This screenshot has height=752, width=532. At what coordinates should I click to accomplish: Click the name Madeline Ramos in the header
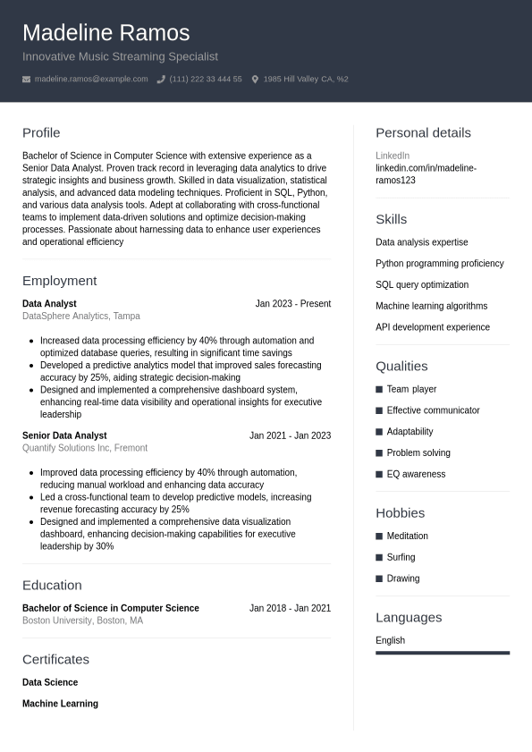coord(106,33)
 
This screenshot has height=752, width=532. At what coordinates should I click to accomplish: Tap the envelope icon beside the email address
coord(26,80)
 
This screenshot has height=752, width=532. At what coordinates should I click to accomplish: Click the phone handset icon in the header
coord(161,80)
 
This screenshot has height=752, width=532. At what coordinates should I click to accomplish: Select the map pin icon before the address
coord(255,80)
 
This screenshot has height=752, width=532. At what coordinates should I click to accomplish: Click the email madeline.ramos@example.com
coord(91,79)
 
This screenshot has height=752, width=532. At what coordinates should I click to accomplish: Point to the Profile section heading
coord(41,132)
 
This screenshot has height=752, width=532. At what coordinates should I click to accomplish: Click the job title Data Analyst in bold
coord(49,304)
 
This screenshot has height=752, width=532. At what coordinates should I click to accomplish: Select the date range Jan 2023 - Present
coord(292,304)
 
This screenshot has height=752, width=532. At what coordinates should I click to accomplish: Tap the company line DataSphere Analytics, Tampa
coord(81,316)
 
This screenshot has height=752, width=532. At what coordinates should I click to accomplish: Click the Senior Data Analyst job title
coord(64,435)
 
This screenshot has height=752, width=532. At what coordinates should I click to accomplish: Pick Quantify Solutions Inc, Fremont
coord(85,448)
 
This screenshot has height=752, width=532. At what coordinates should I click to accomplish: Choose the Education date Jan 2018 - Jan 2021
coord(290,608)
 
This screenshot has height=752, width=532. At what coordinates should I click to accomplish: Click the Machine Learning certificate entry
coord(60,704)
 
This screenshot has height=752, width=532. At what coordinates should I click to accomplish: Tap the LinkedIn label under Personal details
coord(393,156)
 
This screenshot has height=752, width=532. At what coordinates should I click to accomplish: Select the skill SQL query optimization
coord(422,284)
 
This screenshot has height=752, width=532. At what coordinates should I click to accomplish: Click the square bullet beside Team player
coord(379,390)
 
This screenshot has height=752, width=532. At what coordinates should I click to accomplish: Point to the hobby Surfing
coord(401,557)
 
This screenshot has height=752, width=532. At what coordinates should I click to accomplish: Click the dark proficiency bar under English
coord(443,653)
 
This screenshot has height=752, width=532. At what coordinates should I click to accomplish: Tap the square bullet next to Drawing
coord(379,579)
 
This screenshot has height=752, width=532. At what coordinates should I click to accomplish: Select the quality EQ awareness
coord(416,474)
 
